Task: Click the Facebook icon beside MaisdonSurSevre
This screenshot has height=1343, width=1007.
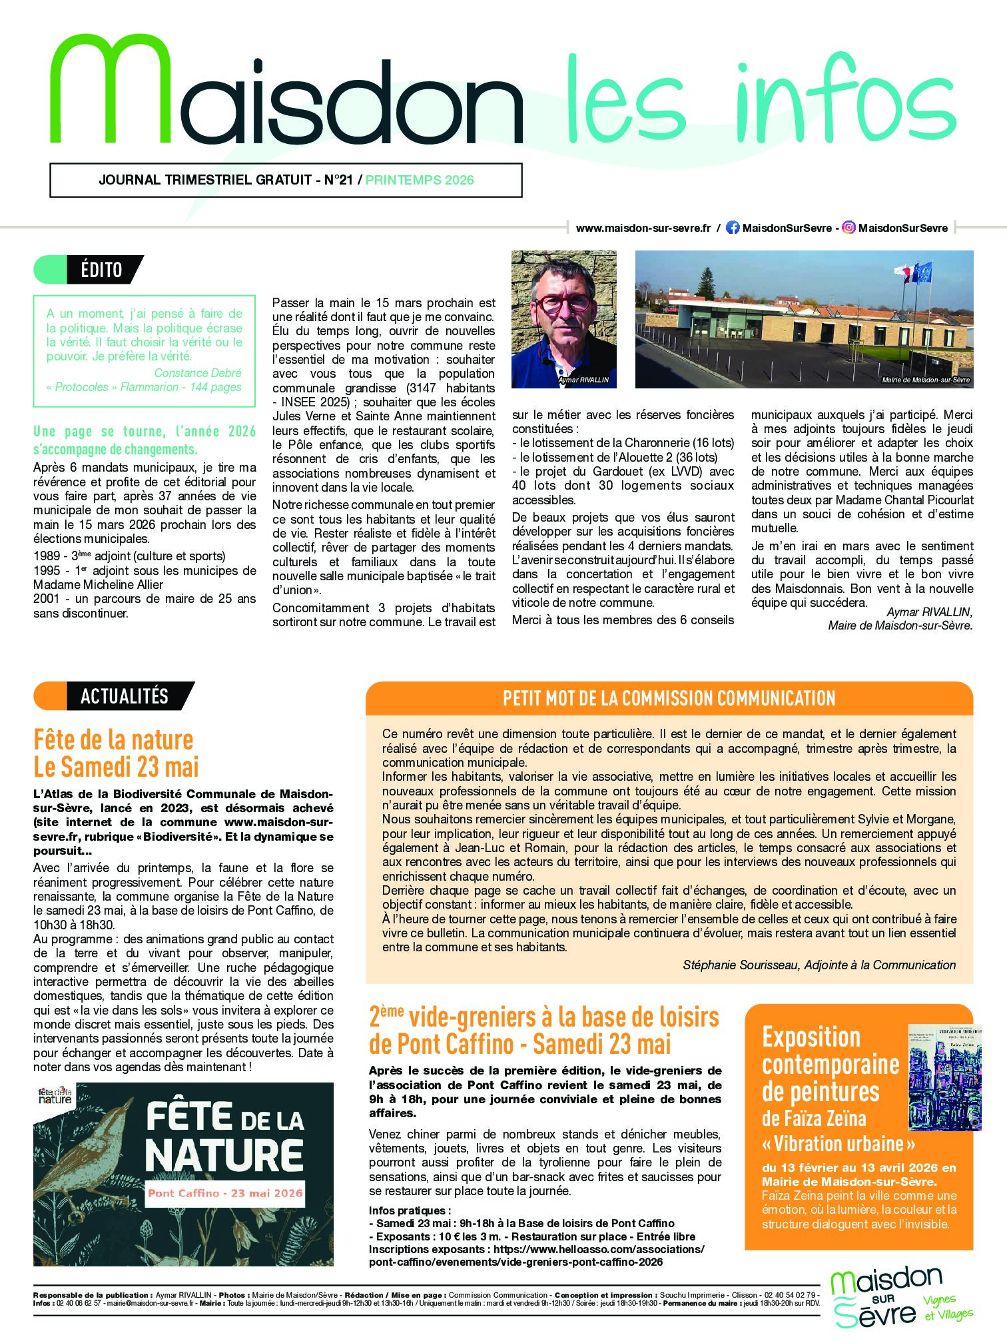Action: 733,228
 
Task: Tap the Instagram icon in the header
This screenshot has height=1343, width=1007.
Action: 848,228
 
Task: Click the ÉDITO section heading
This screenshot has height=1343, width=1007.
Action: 101,270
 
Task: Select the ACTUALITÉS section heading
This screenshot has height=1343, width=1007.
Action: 124,696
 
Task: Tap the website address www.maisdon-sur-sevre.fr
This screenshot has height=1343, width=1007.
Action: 643,228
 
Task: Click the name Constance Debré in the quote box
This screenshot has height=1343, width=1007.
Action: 198,373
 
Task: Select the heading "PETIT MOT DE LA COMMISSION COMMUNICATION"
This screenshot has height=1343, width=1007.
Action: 669,698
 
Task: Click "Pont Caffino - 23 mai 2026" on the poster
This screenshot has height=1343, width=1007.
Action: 225,1193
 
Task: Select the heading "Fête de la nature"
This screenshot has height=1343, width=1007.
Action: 113,739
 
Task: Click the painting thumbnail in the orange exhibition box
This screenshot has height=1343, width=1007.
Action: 944,1077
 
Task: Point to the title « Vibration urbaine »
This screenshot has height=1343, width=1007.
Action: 839,1144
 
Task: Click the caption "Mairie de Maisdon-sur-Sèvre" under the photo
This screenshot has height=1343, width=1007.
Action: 926,380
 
